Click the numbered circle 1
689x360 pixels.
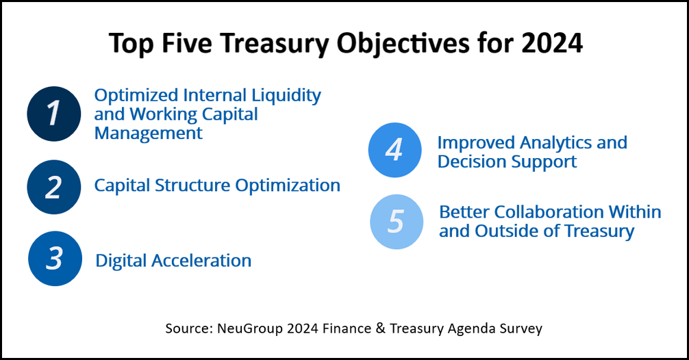pyautogui.click(x=54, y=114)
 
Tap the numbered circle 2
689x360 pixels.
pyautogui.click(x=54, y=187)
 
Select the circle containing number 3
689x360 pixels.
pyautogui.click(x=55, y=259)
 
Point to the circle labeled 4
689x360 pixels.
pyautogui.click(x=395, y=150)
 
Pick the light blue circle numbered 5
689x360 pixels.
pyautogui.click(x=397, y=222)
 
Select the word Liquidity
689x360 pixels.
pyautogui.click(x=286, y=96)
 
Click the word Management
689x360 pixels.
pyautogui.click(x=149, y=133)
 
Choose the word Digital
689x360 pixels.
pyautogui.click(x=121, y=261)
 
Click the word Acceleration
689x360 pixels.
pyautogui.click(x=201, y=261)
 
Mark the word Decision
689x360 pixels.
pyautogui.click(x=467, y=162)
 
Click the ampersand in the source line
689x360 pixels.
pyautogui.click(x=381, y=329)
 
